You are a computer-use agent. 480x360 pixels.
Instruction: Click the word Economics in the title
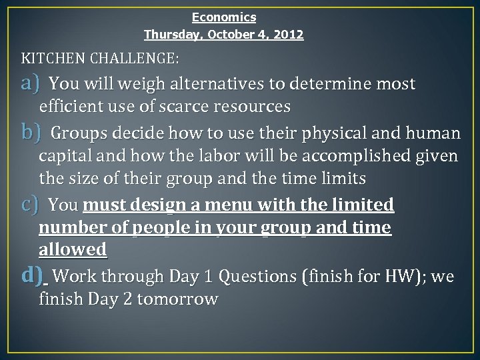click(224, 17)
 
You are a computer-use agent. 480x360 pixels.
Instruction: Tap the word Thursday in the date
click(170, 34)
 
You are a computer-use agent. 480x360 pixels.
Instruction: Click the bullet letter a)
click(31, 83)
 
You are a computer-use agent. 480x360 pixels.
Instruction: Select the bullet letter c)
click(30, 203)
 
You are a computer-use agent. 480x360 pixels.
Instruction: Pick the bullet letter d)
click(32, 275)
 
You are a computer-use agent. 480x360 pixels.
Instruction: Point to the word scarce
click(185, 107)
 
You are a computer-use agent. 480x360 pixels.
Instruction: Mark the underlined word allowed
click(73, 249)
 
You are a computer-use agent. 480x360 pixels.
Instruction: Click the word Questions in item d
click(257, 276)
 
